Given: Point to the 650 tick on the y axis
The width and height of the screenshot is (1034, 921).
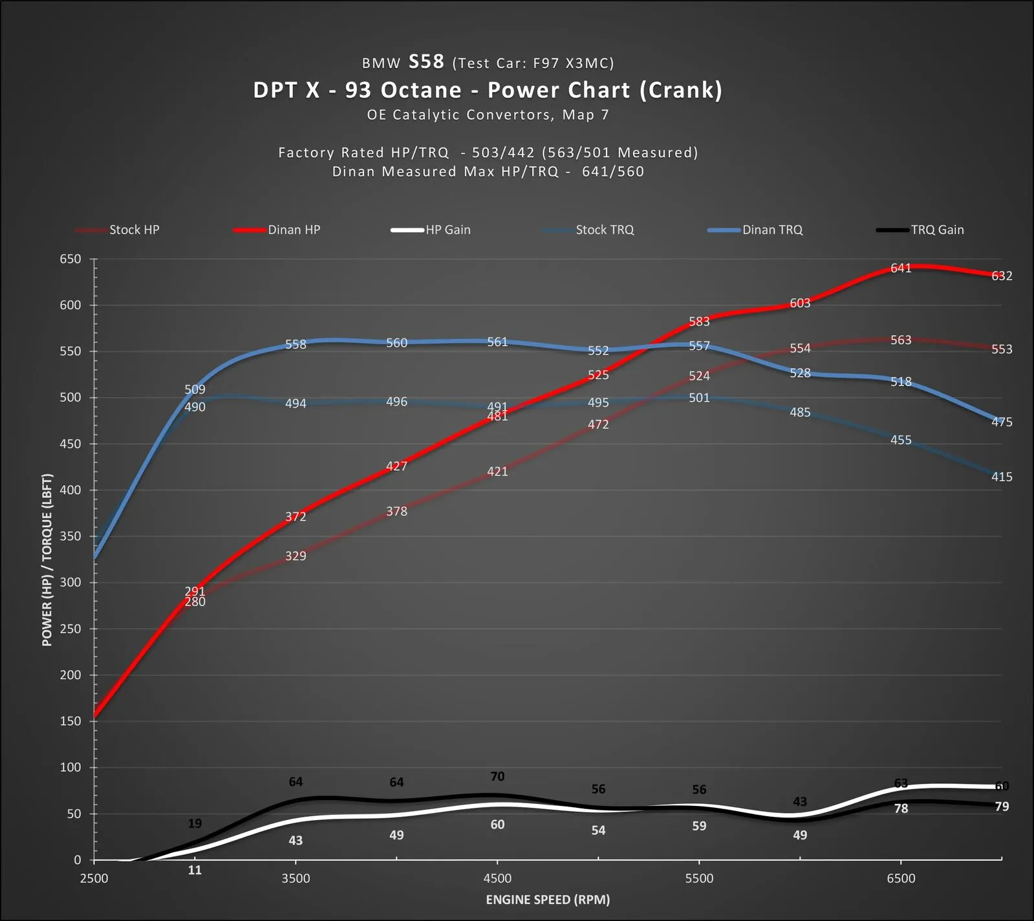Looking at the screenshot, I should click(70, 259).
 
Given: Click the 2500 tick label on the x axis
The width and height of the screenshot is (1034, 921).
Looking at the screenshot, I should click(94, 878).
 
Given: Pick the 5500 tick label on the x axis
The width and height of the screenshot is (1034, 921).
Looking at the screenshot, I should click(699, 878).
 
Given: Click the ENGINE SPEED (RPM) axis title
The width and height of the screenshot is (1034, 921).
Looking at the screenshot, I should click(548, 900).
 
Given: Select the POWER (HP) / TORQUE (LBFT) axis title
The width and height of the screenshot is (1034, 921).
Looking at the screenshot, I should click(47, 559).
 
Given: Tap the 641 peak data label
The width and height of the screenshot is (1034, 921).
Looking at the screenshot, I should click(900, 268).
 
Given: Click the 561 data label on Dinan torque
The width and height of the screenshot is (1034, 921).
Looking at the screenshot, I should click(497, 342).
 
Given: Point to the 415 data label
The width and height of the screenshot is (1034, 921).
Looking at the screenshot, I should click(1002, 477).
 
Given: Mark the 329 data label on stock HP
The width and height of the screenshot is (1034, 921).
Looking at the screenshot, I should click(296, 556).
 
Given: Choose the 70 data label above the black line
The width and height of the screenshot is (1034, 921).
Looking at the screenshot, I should click(497, 776).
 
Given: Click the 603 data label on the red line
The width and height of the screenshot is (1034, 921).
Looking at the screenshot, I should click(800, 303).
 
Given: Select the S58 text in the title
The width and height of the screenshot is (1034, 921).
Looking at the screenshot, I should click(426, 61).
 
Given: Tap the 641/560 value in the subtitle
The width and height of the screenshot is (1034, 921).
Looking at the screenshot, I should click(612, 171).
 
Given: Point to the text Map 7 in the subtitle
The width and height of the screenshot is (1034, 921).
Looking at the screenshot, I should click(585, 115).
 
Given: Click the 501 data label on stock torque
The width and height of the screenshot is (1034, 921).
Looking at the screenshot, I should click(699, 398).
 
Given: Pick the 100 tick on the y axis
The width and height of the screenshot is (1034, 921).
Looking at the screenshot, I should click(70, 768).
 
